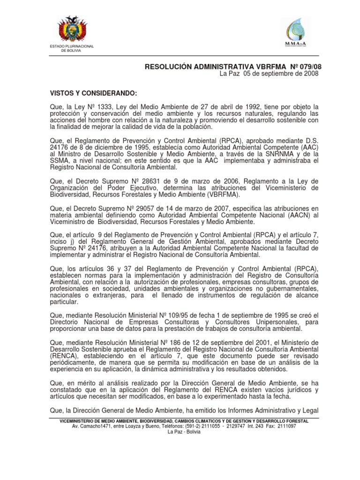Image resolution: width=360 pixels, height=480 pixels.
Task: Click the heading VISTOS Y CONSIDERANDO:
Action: [88, 93]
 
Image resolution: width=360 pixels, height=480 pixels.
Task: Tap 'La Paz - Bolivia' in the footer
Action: [184, 432]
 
